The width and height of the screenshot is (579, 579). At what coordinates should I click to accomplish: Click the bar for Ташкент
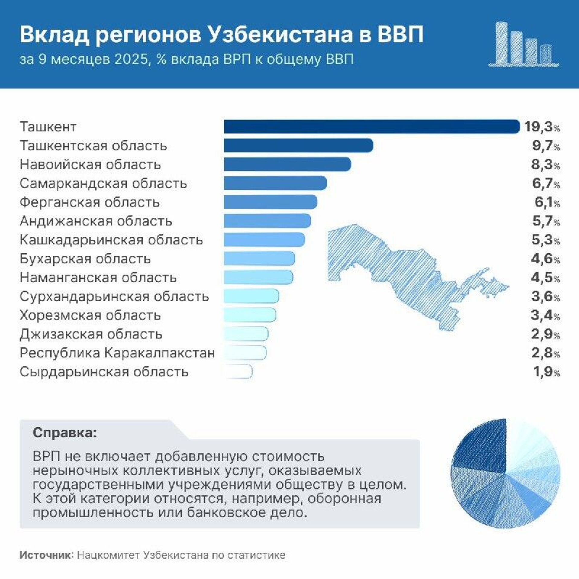(x=372, y=126)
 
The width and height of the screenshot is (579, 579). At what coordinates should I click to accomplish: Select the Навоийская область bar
(x=287, y=164)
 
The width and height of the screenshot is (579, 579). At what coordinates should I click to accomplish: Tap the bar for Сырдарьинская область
(x=238, y=372)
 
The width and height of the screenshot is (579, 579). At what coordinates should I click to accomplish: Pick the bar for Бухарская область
(x=259, y=259)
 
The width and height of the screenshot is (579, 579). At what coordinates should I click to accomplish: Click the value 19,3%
(x=542, y=127)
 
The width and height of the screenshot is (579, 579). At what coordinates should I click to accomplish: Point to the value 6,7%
(x=546, y=183)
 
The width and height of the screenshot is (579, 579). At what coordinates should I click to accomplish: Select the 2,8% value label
(x=546, y=353)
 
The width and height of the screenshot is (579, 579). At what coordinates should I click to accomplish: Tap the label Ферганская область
(x=90, y=202)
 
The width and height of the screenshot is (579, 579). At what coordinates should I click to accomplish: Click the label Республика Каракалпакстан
(x=117, y=353)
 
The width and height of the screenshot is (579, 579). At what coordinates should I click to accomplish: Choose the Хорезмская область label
(x=90, y=315)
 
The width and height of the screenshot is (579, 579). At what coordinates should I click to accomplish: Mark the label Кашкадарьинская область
(x=111, y=240)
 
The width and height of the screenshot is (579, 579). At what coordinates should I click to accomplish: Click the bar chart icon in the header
(x=524, y=45)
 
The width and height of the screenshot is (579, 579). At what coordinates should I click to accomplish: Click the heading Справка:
(x=65, y=433)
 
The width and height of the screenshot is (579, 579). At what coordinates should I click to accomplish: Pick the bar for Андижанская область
(x=267, y=221)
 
